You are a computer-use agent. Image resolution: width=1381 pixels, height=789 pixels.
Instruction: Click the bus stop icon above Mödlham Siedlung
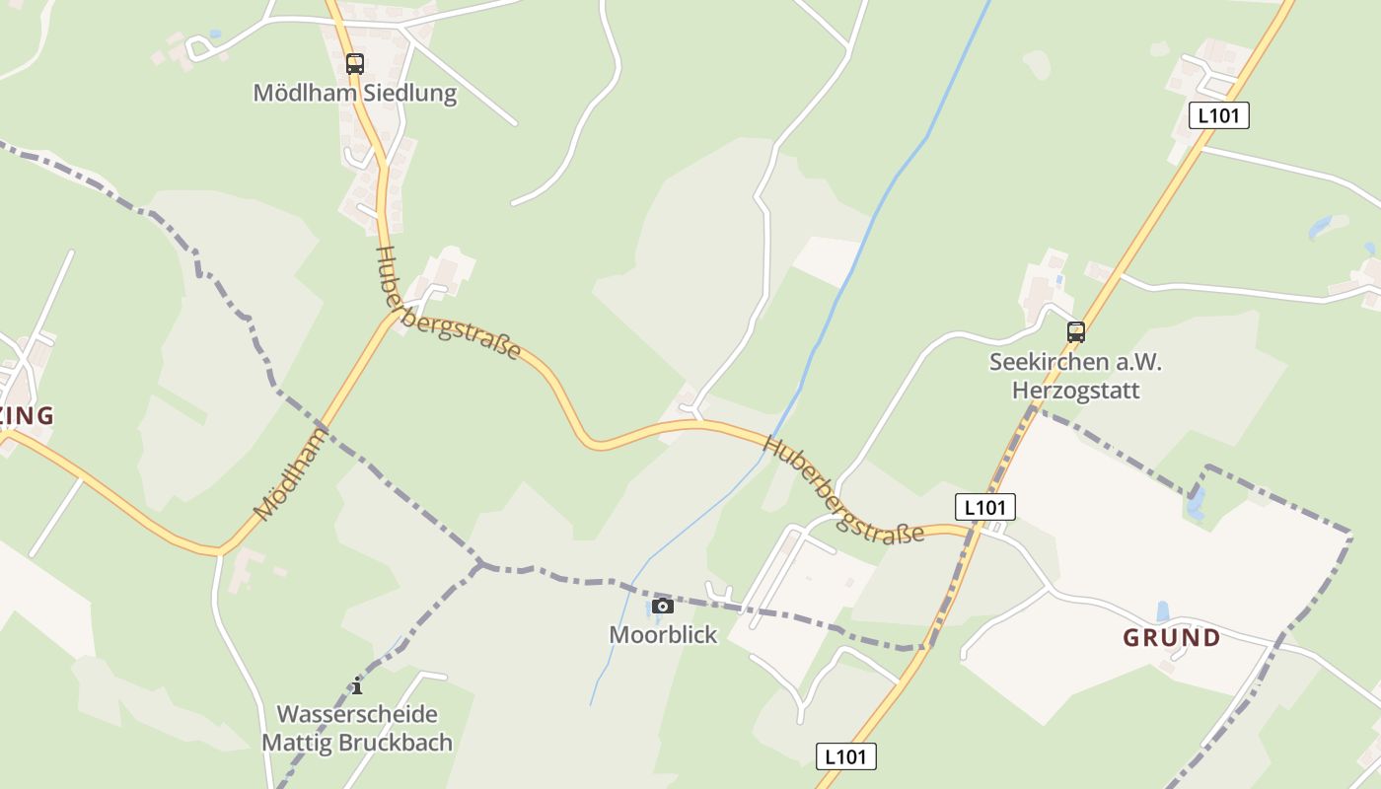pos(355,64)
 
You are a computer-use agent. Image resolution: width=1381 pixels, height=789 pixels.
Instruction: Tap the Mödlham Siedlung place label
pos(355,94)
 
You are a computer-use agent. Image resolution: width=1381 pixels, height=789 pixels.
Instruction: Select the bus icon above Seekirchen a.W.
pos(1076,332)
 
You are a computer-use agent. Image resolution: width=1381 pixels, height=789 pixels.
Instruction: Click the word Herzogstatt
pos(1076,391)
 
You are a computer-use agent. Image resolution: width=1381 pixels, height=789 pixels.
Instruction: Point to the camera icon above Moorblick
pos(663,606)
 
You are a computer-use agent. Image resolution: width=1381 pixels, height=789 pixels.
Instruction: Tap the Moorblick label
pos(663,634)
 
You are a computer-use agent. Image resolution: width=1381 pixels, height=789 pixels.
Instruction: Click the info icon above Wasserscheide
pos(357,685)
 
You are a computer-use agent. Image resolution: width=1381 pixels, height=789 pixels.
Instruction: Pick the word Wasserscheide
pos(357,714)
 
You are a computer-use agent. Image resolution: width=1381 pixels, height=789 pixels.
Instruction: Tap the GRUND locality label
pos(1172,638)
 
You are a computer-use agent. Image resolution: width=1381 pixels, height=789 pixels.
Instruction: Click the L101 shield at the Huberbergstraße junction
pos(985,507)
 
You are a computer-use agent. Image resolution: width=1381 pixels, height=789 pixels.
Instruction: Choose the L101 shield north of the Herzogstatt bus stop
pos(1219,115)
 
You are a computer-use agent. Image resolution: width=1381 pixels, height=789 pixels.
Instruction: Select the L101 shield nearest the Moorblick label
pos(846,756)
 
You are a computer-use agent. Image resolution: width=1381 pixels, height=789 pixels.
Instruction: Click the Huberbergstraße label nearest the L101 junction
pos(843,490)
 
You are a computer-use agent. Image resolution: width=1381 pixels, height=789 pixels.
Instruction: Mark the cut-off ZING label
pos(27,416)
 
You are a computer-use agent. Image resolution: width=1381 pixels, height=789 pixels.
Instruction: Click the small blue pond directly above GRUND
pos(1163,611)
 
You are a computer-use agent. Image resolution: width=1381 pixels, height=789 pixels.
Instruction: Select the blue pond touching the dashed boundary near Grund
pos(1196,504)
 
